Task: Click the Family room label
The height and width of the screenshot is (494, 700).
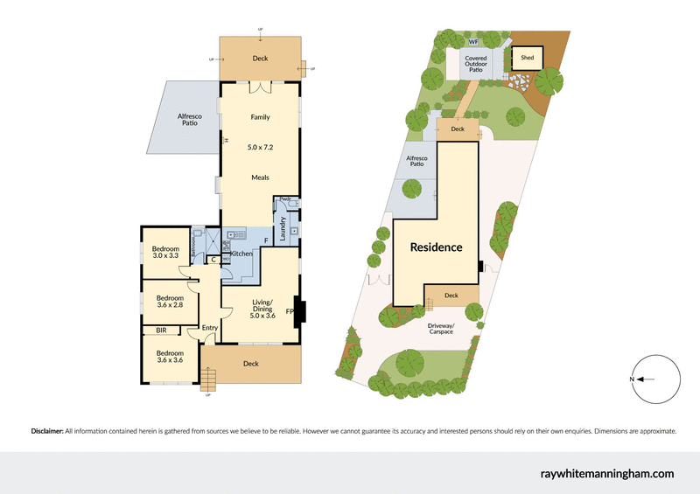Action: click(x=260, y=117)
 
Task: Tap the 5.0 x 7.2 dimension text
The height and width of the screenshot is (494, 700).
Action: click(x=260, y=147)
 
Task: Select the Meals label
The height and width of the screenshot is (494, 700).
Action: click(x=260, y=177)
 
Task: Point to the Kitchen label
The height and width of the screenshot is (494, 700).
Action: click(x=241, y=254)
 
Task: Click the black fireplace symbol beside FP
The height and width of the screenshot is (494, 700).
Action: click(x=298, y=310)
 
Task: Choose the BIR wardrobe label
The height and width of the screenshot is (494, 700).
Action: click(x=161, y=330)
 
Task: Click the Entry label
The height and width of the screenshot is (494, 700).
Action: click(x=209, y=329)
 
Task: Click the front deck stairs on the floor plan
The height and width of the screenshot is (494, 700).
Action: click(x=207, y=379)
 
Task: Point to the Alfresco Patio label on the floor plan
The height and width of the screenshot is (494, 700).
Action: click(x=188, y=120)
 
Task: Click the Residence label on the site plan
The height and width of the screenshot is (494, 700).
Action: click(x=437, y=247)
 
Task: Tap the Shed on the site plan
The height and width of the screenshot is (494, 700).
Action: click(x=527, y=58)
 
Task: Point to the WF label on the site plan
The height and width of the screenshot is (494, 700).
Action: click(x=472, y=41)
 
